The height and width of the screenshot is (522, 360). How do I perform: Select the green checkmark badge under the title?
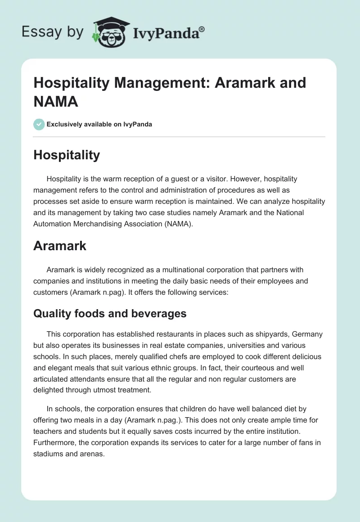tap(39, 124)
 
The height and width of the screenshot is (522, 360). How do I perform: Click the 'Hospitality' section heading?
tap(67, 155)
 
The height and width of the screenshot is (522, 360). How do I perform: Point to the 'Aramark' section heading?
tap(60, 246)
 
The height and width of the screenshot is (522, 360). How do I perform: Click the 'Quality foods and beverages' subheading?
tap(110, 314)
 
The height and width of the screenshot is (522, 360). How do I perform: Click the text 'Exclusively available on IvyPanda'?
tap(99, 124)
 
